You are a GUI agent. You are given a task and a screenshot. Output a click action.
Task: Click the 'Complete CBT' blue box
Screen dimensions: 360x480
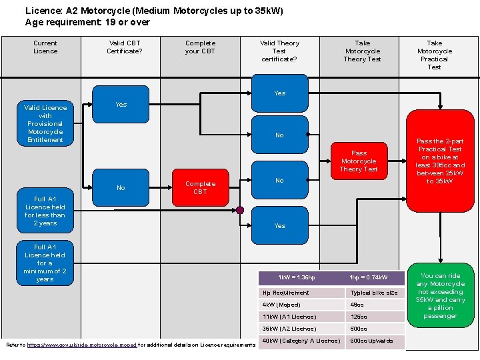pos(200,187)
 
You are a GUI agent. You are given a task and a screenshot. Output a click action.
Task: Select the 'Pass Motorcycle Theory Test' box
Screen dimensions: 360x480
pos(359,161)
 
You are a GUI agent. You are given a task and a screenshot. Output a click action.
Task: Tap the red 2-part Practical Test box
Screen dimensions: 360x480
pos(440,161)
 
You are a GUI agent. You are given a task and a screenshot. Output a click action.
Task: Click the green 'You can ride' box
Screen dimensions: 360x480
pos(440,295)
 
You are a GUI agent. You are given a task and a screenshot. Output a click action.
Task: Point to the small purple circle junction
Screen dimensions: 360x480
pos(240,210)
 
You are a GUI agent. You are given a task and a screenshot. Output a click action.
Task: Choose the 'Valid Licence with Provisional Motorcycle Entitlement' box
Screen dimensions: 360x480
pos(45,123)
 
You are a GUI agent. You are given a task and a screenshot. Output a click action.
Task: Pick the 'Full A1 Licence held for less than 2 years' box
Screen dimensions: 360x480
pos(45,211)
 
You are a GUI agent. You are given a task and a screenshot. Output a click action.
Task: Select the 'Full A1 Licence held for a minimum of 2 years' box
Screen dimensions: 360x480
pos(45,263)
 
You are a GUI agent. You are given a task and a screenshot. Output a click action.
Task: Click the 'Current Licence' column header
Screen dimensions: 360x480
pos(45,47)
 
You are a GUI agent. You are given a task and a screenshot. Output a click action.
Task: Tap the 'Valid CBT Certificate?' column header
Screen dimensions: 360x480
pos(124,47)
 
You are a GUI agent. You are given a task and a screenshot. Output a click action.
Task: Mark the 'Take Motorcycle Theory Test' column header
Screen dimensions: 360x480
pos(362,51)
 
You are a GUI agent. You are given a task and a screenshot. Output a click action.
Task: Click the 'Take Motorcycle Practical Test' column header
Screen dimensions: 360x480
pos(434,55)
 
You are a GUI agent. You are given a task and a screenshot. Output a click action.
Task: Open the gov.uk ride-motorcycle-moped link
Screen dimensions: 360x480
pos(81,345)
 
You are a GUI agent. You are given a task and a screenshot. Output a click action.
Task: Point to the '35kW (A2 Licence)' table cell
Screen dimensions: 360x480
pos(302,329)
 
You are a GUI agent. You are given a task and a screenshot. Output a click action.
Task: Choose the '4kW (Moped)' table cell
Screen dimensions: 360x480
pos(302,305)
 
